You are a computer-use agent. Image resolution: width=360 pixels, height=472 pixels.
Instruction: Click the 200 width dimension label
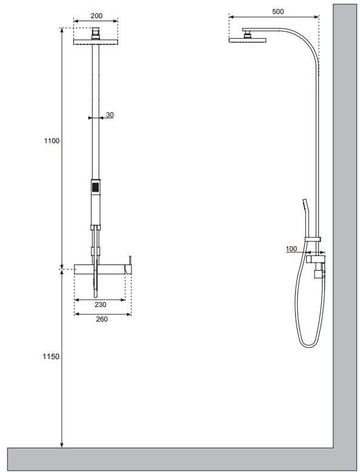point(96,16)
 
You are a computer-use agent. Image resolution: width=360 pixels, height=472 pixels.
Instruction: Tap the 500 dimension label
point(278,12)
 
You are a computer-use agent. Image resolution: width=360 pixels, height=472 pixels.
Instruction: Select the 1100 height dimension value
point(52,141)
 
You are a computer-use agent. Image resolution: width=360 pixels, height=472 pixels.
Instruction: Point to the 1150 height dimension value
point(51,356)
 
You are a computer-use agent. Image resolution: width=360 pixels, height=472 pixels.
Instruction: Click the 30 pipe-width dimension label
point(110,115)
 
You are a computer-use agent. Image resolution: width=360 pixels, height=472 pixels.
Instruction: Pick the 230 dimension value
point(101,305)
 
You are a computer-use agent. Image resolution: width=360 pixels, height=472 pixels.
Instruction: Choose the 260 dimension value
point(102,319)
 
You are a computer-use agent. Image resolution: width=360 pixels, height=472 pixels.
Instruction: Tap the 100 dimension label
point(291,249)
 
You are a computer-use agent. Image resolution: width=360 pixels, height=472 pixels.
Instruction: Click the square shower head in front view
point(96,42)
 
